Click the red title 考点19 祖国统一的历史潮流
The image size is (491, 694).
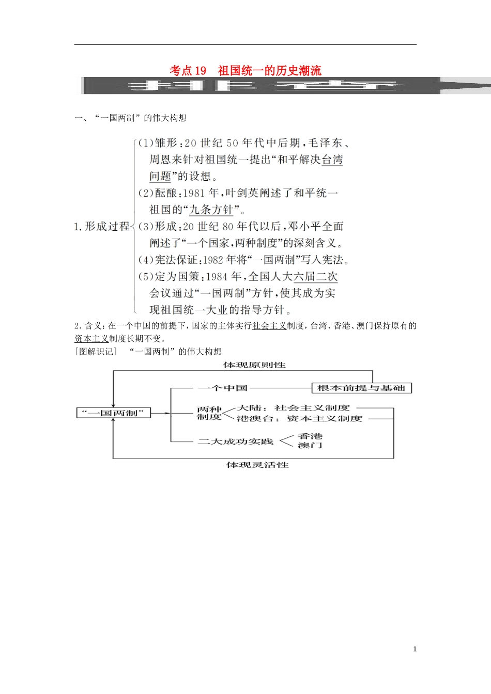click(x=245, y=70)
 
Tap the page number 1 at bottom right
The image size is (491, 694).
click(x=415, y=649)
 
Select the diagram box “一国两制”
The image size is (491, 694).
click(x=114, y=413)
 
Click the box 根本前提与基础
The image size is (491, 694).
click(x=361, y=388)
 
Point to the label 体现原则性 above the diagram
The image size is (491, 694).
click(x=254, y=365)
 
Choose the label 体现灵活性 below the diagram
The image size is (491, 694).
click(x=257, y=465)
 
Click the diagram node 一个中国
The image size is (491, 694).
click(x=223, y=388)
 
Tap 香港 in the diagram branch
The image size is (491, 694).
click(x=310, y=436)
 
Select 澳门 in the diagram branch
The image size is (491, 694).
click(x=310, y=446)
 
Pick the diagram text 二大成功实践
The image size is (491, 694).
click(x=235, y=441)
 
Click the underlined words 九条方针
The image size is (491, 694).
click(x=212, y=210)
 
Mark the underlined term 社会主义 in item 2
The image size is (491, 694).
click(x=269, y=326)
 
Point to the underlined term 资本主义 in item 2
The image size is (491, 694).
click(x=91, y=339)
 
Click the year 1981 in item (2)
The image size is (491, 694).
click(x=194, y=193)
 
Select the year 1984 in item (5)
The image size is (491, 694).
click(x=217, y=277)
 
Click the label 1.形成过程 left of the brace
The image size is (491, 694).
click(x=102, y=226)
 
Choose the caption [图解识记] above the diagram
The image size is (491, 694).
click(x=96, y=352)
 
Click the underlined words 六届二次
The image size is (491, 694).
click(x=315, y=277)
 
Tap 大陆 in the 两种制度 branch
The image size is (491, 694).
click(x=250, y=408)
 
